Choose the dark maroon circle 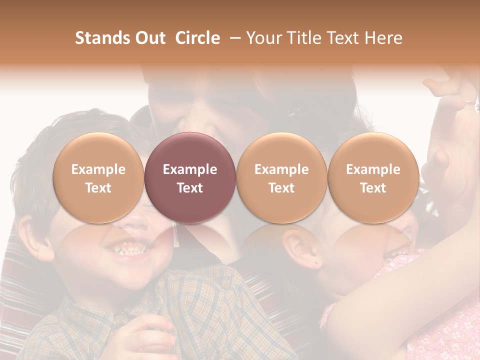coord(190,178)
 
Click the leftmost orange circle coord(98,178)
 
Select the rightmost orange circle coord(373,178)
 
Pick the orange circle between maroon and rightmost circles coord(281,178)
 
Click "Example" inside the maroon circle coord(190,169)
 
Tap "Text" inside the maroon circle coord(190,187)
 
